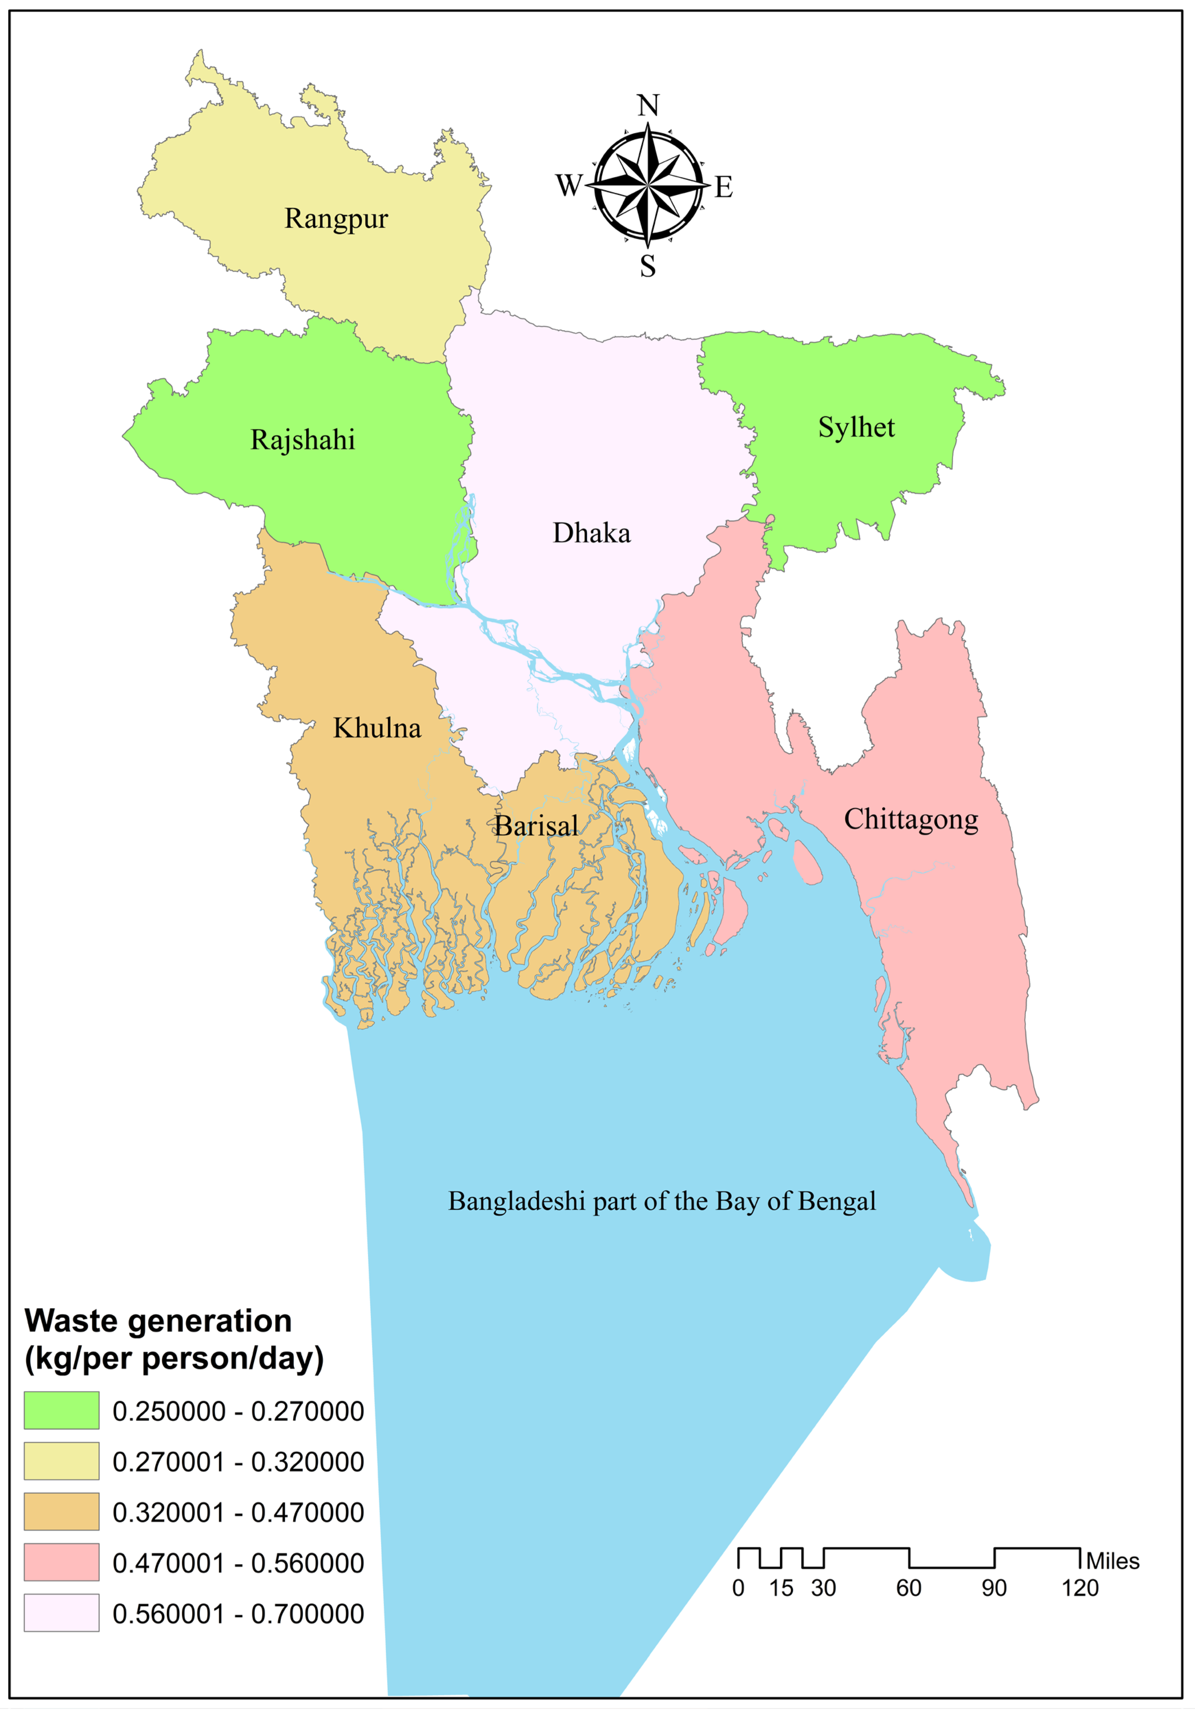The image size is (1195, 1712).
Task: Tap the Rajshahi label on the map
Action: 303,440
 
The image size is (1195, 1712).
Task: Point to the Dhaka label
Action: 591,533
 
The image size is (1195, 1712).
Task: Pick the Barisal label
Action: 536,825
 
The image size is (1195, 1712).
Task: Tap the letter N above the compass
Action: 648,106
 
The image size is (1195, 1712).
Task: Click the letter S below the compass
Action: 648,266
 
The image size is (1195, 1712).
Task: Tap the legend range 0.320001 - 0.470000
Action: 238,1512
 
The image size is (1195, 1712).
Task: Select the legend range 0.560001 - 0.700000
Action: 238,1613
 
